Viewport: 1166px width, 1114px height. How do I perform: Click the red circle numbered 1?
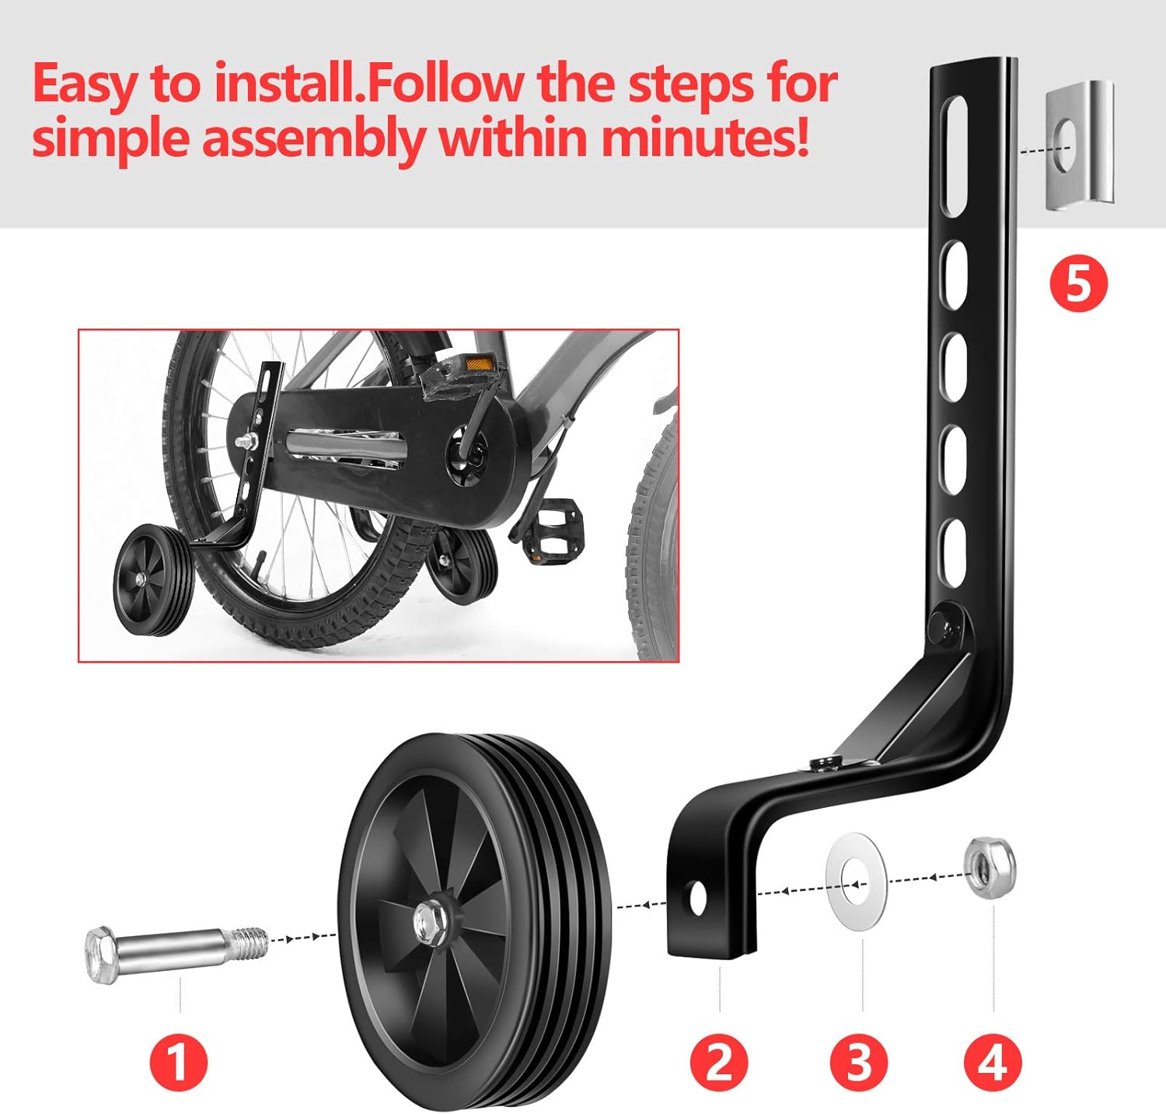coord(178,1061)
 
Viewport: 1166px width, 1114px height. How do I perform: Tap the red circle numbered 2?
coord(719,1061)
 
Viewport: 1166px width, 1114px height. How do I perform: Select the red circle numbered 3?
coord(859,1061)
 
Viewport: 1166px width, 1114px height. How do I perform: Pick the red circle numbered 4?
coord(993,1061)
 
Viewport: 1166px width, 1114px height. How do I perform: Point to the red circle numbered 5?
coord(1078,284)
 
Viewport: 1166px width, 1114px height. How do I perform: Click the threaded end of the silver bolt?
coord(250,943)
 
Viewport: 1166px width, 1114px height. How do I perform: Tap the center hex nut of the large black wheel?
coord(428,921)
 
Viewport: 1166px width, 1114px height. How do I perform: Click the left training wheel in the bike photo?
coord(153,580)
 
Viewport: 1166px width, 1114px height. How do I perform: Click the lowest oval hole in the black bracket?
coord(953,543)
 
